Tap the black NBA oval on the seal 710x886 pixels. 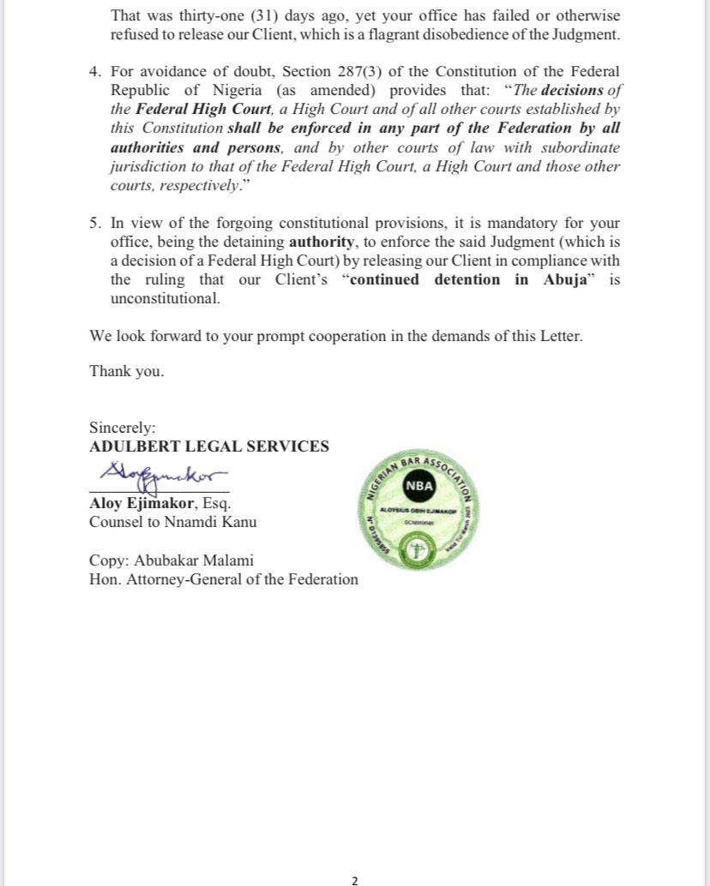[419, 486]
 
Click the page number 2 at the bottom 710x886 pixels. [355, 879]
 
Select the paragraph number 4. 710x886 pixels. [95, 71]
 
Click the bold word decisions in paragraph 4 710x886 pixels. [573, 90]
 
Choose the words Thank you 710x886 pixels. [126, 371]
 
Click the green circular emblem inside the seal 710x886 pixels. [418, 551]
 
